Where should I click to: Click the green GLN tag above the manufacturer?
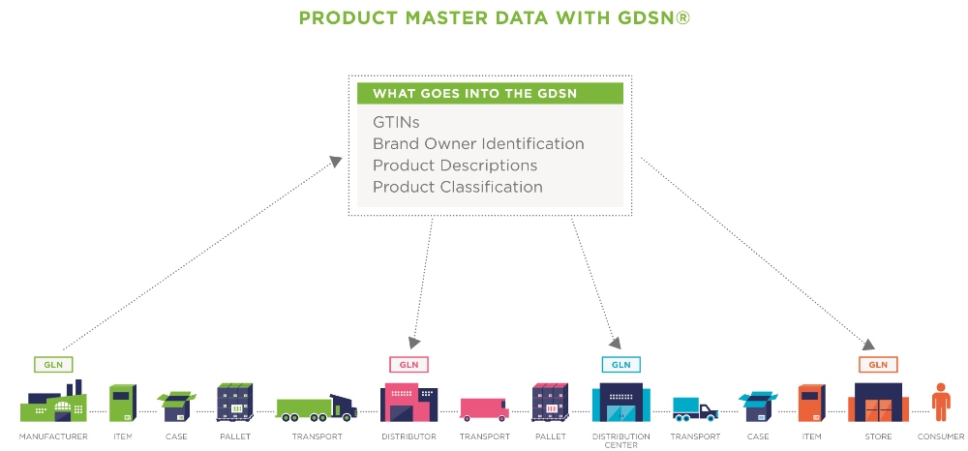(53, 365)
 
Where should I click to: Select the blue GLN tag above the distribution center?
(621, 365)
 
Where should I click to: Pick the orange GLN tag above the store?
(878, 365)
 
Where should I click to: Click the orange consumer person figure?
(939, 401)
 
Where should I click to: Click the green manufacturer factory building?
(53, 403)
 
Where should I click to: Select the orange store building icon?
(878, 402)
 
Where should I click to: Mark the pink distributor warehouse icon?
(408, 402)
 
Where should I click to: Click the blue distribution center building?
(621, 402)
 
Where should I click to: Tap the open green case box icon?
(176, 406)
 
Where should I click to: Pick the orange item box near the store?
(810, 403)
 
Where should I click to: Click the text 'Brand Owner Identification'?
(478, 144)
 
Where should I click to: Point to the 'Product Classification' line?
(457, 187)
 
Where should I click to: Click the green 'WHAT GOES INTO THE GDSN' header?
(489, 94)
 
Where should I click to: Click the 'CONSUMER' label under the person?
(940, 436)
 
